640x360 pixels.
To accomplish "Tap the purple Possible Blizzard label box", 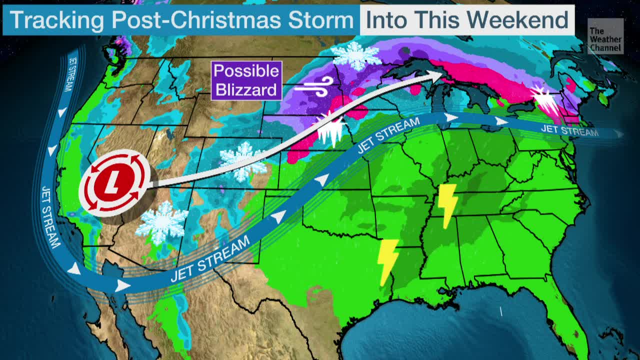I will click(246, 80).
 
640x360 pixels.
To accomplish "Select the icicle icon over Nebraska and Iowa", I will click(330, 129).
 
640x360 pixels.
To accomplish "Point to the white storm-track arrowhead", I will click(434, 75).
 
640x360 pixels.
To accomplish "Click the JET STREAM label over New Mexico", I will click(210, 259).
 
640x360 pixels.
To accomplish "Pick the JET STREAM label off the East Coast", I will click(569, 131).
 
